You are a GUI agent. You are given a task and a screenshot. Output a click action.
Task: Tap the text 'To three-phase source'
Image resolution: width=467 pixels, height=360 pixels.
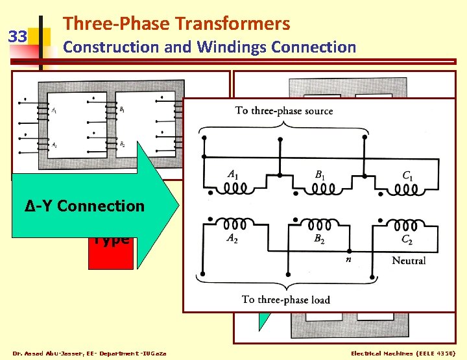tap(283, 111)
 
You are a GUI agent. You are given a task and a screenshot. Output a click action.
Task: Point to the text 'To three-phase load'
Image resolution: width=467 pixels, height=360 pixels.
tap(285, 299)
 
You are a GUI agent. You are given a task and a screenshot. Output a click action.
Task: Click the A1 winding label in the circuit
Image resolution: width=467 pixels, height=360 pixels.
tap(231, 174)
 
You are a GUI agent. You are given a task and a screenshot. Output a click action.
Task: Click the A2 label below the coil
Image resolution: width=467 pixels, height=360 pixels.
tap(231, 238)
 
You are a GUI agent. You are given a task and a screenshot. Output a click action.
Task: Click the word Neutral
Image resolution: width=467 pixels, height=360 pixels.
tap(409, 261)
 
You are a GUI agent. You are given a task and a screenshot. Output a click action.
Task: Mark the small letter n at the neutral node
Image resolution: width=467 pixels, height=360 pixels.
tap(348, 259)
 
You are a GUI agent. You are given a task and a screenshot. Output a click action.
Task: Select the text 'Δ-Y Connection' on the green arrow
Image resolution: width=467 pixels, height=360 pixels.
tap(85, 206)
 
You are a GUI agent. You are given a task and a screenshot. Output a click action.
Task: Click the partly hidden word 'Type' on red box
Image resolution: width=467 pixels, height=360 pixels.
tap(111, 239)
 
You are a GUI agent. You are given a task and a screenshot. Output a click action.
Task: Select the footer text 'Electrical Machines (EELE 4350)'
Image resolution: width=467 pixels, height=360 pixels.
tap(403, 353)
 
